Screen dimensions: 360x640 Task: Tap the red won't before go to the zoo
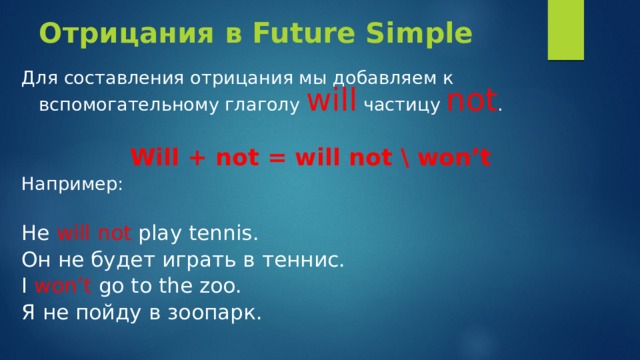[x=65, y=286]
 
